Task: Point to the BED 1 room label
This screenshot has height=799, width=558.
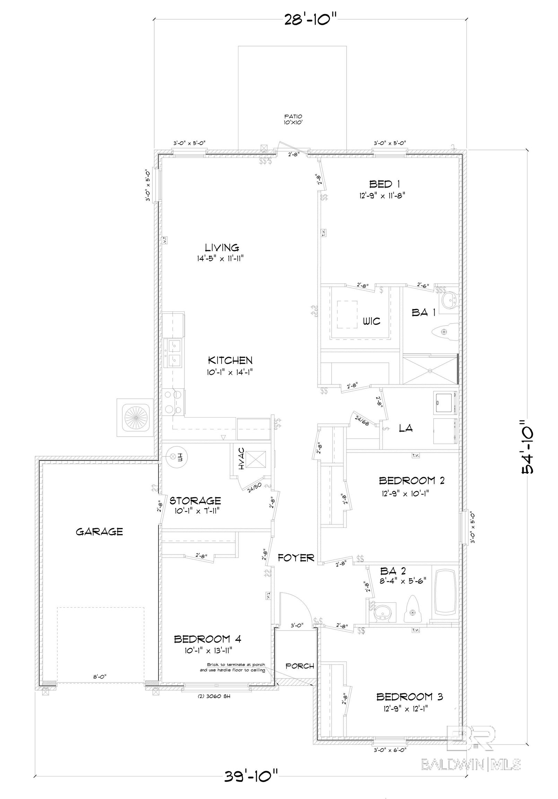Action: click(382, 184)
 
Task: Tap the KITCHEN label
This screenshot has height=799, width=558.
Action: click(230, 360)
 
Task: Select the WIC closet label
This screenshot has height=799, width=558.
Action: click(372, 320)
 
